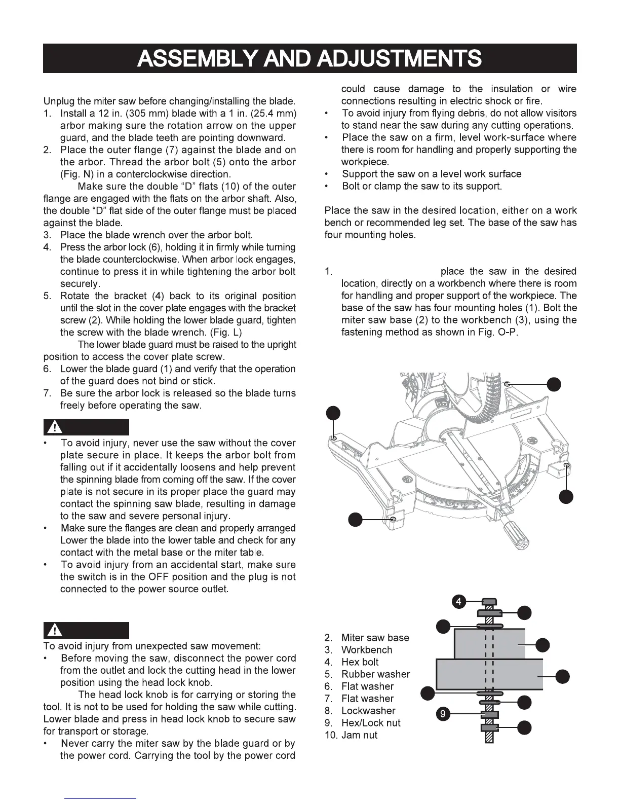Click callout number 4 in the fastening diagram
click(458, 602)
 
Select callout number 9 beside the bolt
click(443, 715)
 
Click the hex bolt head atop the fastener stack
click(488, 602)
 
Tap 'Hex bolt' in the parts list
click(360, 662)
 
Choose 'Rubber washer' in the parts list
click(375, 674)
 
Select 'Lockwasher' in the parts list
click(368, 711)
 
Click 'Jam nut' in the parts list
click(359, 735)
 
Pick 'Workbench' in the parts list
click(367, 650)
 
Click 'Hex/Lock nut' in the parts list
click(371, 723)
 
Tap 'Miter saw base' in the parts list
click(375, 638)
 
